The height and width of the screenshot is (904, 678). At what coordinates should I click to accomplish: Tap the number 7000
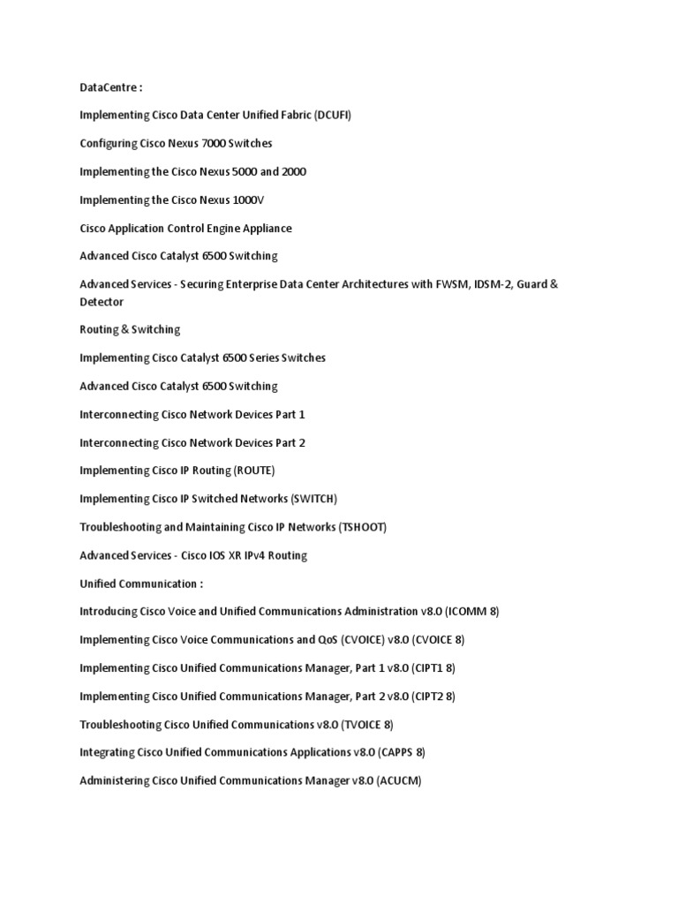point(215,143)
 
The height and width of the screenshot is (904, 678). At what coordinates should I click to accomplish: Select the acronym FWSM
point(430,284)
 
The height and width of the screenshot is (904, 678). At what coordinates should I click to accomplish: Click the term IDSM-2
point(479,284)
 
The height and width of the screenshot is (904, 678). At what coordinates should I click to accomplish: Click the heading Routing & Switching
point(130,329)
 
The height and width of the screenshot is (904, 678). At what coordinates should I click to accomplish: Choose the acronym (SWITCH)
point(313,499)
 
